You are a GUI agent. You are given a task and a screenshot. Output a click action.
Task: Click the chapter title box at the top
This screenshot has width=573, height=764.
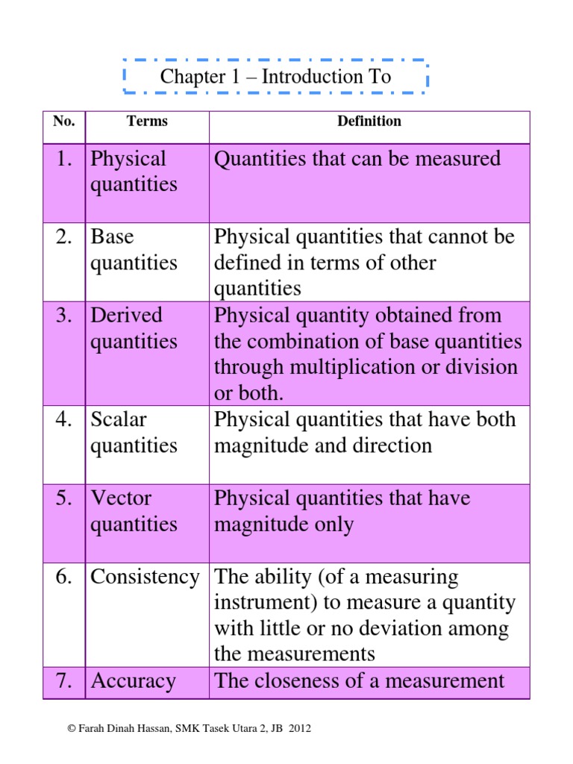tap(275, 77)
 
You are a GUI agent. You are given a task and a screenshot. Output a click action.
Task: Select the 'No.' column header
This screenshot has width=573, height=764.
tap(64, 122)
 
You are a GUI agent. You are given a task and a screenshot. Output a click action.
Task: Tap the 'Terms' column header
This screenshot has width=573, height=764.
tap(147, 122)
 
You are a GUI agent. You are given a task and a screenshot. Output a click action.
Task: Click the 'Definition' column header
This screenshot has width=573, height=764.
tap(369, 122)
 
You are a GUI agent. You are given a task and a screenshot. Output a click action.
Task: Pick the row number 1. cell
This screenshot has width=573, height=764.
tap(65, 159)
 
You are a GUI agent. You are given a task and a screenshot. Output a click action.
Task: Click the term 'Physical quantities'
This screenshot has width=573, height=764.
tap(134, 172)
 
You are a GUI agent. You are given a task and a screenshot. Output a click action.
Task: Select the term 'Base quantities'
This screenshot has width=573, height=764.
tap(134, 250)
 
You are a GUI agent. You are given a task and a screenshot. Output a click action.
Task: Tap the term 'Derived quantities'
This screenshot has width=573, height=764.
tap(134, 328)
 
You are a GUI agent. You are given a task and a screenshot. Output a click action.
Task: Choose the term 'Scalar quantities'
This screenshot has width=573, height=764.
tap(134, 433)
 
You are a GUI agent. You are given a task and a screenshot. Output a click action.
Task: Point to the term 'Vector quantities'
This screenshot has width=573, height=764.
tap(134, 511)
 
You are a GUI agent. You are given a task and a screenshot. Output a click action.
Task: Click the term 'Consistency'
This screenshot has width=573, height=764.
tap(145, 577)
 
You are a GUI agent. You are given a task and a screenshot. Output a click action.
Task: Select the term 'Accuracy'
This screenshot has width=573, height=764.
tap(133, 681)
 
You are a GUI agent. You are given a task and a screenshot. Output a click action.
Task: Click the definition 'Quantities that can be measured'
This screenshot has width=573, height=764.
tap(357, 159)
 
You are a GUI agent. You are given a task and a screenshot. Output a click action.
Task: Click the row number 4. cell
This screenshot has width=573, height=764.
tap(65, 420)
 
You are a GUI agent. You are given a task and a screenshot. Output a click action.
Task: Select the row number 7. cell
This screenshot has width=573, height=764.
tap(65, 681)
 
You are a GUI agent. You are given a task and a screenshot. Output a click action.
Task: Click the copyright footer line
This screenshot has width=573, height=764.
tap(189, 728)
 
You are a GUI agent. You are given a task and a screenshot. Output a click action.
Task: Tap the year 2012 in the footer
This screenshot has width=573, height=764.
tap(299, 728)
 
